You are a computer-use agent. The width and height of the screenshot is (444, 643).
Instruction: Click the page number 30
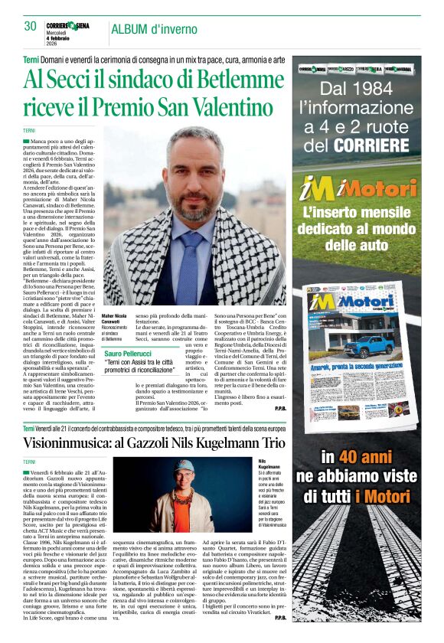[x=31, y=26]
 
